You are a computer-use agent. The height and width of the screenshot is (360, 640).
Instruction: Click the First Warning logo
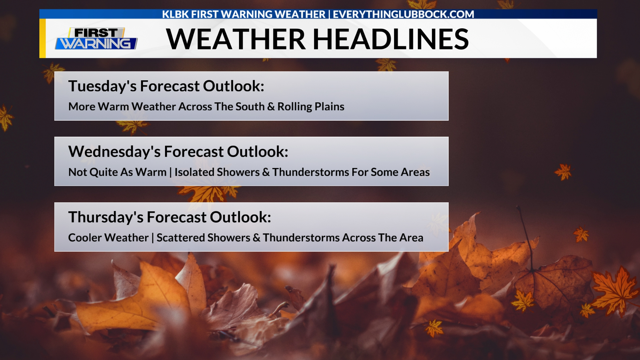(96, 39)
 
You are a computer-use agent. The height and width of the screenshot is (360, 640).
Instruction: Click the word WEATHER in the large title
(236, 39)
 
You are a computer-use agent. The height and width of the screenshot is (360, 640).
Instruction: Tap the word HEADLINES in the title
(391, 39)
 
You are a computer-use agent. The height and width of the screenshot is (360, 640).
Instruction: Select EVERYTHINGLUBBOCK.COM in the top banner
(403, 14)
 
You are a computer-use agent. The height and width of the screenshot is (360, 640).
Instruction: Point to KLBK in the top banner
(175, 14)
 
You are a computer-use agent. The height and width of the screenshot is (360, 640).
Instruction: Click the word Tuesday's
(102, 86)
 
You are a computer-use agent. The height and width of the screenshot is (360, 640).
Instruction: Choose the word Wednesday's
(114, 152)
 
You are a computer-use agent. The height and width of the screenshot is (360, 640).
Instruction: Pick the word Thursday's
(106, 217)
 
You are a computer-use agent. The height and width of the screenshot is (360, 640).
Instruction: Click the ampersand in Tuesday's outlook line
(271, 107)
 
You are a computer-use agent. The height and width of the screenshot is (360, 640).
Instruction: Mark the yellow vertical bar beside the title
(42, 38)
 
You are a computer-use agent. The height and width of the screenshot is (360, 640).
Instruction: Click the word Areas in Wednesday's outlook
(415, 172)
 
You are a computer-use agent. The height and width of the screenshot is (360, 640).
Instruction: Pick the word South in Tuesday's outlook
(250, 107)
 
